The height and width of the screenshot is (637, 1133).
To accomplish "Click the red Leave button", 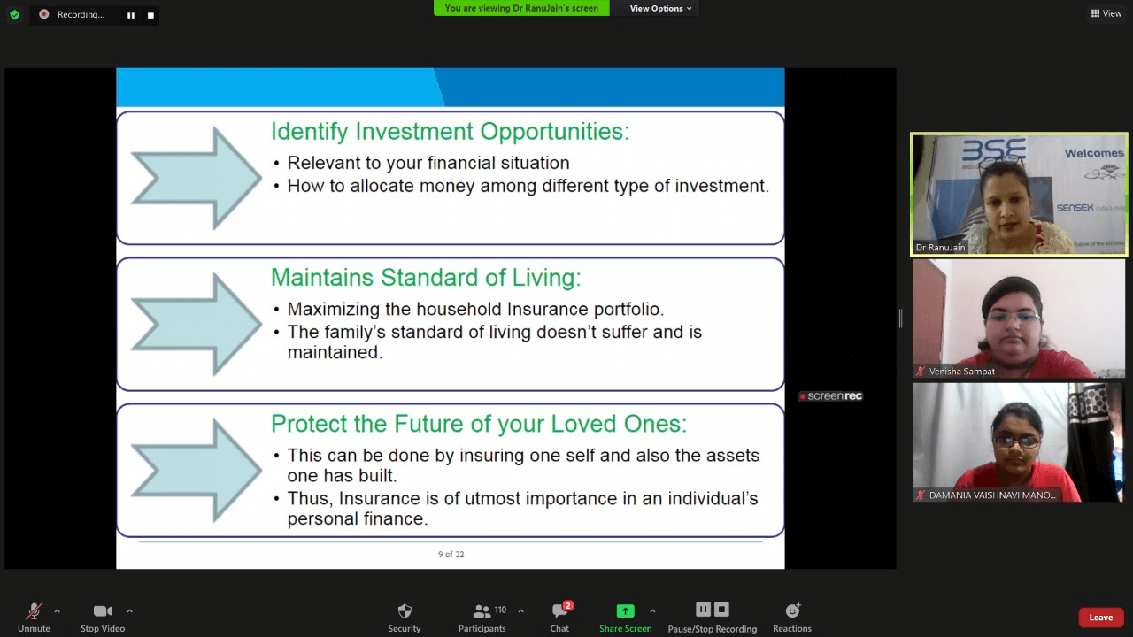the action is [1100, 618].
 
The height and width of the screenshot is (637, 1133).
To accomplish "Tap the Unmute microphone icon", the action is [34, 611].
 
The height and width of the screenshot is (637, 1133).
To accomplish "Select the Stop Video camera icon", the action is [103, 611].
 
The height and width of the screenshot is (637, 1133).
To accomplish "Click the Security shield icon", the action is [405, 611].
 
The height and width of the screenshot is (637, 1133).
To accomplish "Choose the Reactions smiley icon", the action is [792, 610].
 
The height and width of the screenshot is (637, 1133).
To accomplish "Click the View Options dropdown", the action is [660, 8].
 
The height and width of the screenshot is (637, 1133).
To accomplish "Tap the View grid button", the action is [1106, 13].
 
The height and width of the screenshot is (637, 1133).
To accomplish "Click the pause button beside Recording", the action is [131, 15].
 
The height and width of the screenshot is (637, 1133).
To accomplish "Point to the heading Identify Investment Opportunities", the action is [451, 132].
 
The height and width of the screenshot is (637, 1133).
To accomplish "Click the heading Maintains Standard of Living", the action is [426, 278].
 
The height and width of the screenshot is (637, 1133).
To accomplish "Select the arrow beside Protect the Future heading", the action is [197, 470].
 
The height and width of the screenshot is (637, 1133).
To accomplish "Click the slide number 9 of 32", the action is [451, 555].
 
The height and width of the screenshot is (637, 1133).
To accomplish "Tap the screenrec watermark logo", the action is [830, 396].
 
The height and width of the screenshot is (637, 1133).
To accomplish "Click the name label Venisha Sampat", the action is [961, 372].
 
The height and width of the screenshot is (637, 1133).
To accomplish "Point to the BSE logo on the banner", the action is [994, 150].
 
